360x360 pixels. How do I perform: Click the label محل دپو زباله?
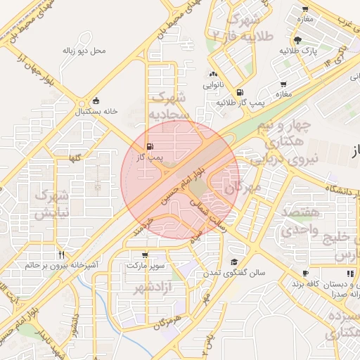[84, 51]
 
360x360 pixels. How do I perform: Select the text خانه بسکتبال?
[94, 112]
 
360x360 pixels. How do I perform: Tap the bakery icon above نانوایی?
[213, 74]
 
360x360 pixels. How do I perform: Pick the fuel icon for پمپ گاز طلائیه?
[240, 92]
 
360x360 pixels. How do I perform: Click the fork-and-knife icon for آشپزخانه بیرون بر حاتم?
[63, 255]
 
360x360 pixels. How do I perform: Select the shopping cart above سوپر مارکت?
[145, 255]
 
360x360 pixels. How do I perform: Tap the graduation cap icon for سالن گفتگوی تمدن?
[232, 262]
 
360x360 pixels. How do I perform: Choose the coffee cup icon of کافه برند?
[305, 273]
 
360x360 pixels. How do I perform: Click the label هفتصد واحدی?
[301, 221]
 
